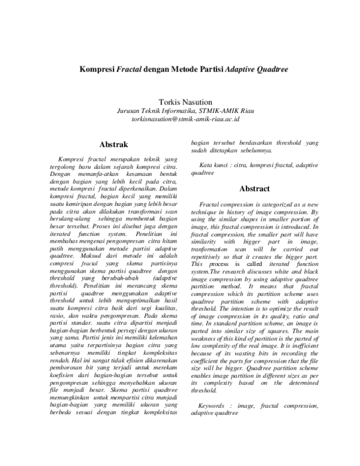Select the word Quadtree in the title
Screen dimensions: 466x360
tap(261, 70)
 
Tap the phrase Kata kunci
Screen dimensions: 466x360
tap(211, 165)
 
